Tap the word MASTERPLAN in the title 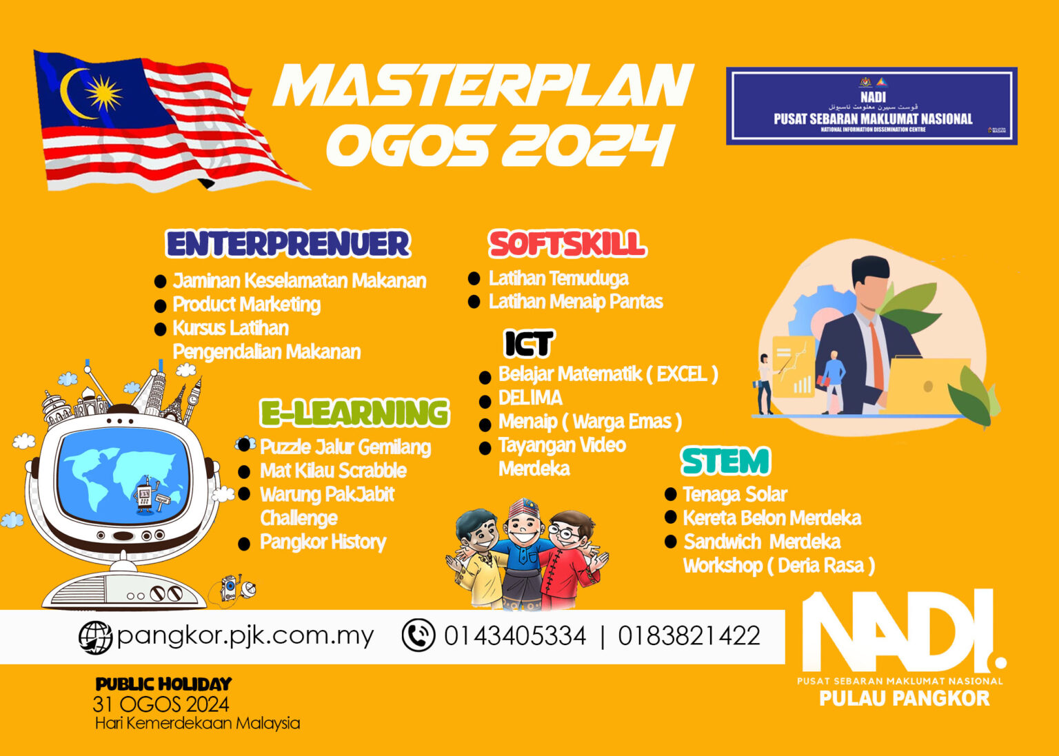(x=483, y=85)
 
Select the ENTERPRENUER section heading (x=288, y=244)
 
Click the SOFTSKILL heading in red (x=567, y=244)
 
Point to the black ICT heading (x=529, y=343)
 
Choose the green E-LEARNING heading (x=354, y=413)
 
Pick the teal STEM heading (x=725, y=462)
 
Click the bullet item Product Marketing (x=246, y=305)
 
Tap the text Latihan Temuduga (x=558, y=278)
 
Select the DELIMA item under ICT (x=530, y=398)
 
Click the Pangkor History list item (x=323, y=542)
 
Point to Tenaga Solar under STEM (x=735, y=494)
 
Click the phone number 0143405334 (x=514, y=635)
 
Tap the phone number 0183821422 (x=689, y=635)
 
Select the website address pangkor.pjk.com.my (x=245, y=635)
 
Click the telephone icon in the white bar (x=418, y=635)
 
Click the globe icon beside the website (x=95, y=637)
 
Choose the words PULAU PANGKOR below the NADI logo (x=904, y=699)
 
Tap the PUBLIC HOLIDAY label (x=163, y=684)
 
